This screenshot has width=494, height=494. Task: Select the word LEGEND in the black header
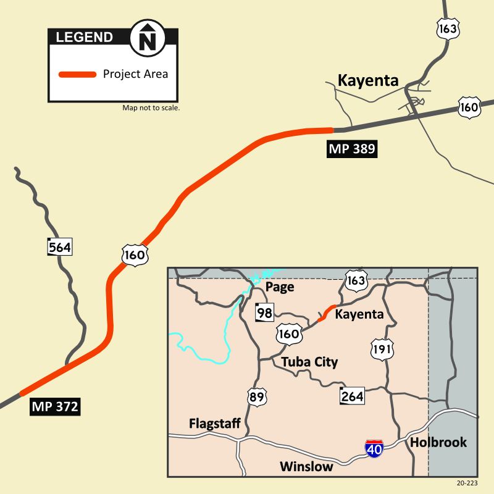(85, 37)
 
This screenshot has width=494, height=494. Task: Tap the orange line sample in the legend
(77, 75)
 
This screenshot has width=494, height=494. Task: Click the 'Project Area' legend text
(135, 74)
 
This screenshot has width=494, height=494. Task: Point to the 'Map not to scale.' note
(151, 108)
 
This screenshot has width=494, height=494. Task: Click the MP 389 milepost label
(351, 148)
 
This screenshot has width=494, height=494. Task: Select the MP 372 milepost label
(56, 407)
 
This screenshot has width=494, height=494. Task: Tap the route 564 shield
(60, 247)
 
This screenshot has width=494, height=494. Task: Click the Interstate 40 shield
(374, 448)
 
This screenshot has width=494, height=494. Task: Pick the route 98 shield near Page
(264, 313)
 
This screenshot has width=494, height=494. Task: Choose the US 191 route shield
(382, 350)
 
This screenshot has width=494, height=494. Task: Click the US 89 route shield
(256, 396)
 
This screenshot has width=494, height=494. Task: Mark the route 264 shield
(352, 396)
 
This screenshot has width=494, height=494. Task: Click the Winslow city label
(306, 466)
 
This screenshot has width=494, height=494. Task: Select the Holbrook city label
(438, 442)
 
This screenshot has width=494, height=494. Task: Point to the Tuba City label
(309, 362)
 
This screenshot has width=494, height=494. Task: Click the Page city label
(279, 287)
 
